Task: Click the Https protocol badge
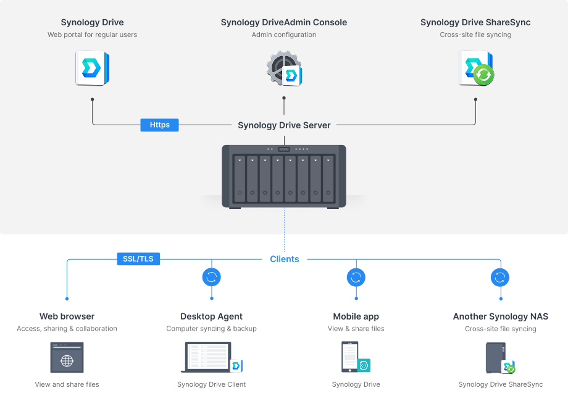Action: [159, 125]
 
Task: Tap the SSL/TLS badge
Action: [138, 259]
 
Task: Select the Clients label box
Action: [285, 259]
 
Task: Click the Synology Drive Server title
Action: [284, 125]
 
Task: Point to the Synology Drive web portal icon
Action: [92, 68]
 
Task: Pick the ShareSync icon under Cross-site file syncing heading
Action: [476, 68]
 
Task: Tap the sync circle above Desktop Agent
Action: [212, 277]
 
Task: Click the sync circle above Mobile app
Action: [356, 277]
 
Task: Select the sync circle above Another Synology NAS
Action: [500, 277]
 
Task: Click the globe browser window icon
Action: [67, 358]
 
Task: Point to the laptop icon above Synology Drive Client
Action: [208, 357]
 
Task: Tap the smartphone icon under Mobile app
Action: [350, 357]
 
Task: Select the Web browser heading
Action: [67, 316]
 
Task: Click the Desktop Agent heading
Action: [211, 316]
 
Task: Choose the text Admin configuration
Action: [284, 35]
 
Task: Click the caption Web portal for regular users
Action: [92, 35]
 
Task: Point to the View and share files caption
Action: [67, 384]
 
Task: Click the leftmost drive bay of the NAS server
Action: [240, 178]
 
